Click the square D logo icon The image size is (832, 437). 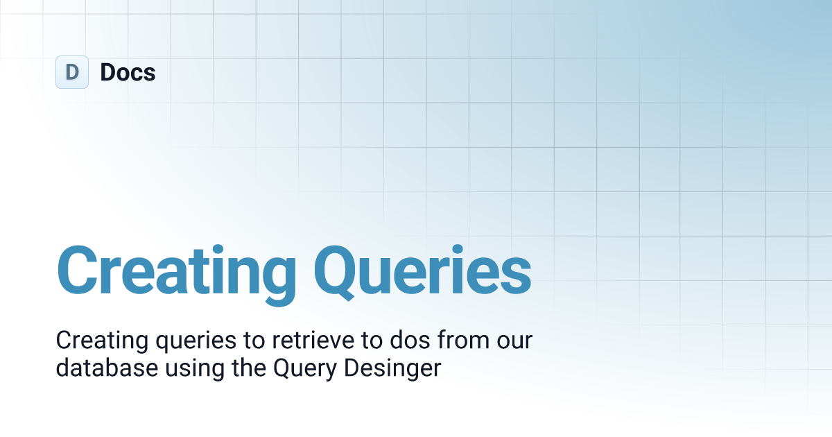click(x=72, y=72)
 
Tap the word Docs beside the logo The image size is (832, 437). click(x=128, y=72)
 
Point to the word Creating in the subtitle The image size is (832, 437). click(x=103, y=341)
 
